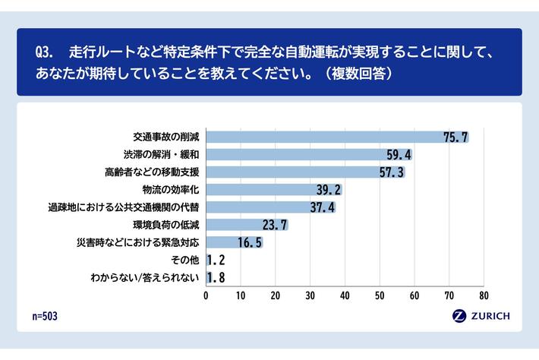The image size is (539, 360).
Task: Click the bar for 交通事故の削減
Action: (x=338, y=137)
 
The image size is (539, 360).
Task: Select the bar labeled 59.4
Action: (x=310, y=155)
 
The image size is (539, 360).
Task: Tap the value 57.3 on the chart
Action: (x=392, y=172)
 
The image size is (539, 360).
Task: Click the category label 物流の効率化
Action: (x=171, y=190)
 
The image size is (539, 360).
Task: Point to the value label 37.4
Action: (x=323, y=207)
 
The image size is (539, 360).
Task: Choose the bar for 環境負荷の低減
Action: (x=247, y=225)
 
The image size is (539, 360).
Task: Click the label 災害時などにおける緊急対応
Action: (x=138, y=242)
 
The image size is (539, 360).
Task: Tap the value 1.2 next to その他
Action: (x=216, y=260)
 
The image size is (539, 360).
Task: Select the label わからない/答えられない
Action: (x=145, y=277)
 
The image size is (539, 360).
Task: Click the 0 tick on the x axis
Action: (x=206, y=295)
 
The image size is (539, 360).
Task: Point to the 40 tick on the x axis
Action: (x=345, y=295)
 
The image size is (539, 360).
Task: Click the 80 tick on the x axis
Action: (x=484, y=295)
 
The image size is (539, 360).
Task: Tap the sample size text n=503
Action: (x=45, y=317)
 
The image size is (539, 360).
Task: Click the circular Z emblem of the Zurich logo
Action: (x=459, y=316)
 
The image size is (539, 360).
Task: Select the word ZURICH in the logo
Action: (x=490, y=316)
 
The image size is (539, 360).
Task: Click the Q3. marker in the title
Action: (x=44, y=52)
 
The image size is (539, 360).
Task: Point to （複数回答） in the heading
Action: (x=358, y=73)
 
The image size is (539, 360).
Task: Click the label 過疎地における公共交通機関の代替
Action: (x=124, y=207)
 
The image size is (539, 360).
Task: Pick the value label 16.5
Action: (x=250, y=242)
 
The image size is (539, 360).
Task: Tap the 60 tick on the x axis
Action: (x=414, y=295)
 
